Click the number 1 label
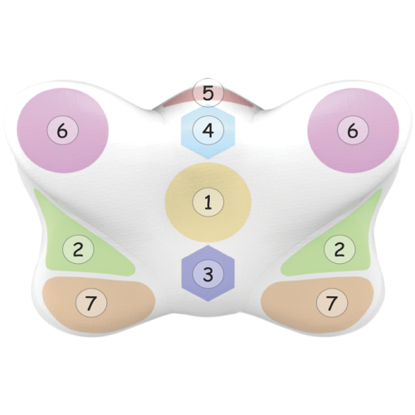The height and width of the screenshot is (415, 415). point(208,203)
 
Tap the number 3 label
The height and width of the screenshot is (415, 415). point(208,274)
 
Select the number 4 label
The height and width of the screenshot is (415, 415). point(208,130)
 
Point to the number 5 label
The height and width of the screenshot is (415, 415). point(208,93)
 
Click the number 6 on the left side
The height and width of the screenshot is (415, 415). point(62,130)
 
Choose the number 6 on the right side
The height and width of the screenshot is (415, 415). point(353,130)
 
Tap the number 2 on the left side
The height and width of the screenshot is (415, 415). point(78,249)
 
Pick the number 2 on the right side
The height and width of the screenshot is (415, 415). point(339,249)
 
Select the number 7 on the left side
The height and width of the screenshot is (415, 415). point(91,302)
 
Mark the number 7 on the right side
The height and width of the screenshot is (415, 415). point(332,302)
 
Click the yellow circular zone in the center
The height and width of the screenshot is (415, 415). point(208,203)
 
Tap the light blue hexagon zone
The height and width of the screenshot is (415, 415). point(208,133)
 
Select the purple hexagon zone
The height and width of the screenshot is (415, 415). point(208,273)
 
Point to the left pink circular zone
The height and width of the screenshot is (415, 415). point(62,130)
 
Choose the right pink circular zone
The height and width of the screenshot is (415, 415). point(354,130)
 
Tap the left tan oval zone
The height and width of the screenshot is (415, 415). point(99,304)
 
